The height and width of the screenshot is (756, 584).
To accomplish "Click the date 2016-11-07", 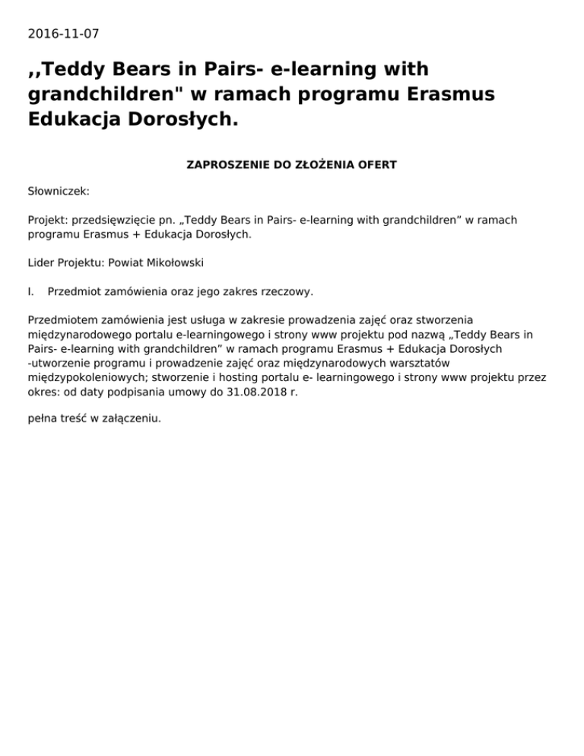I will tap(63, 33).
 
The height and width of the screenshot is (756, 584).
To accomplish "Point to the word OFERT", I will tap(376, 164).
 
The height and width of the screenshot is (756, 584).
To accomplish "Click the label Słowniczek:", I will tap(59, 192).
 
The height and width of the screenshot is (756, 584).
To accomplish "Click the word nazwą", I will tap(447, 334).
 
